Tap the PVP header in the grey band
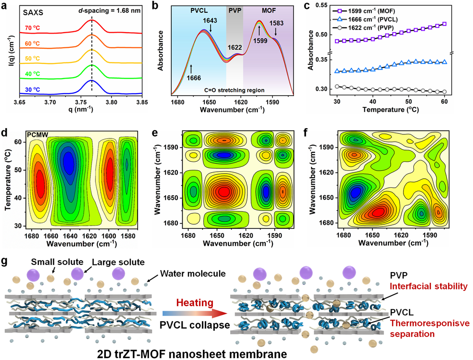[x=234, y=9]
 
